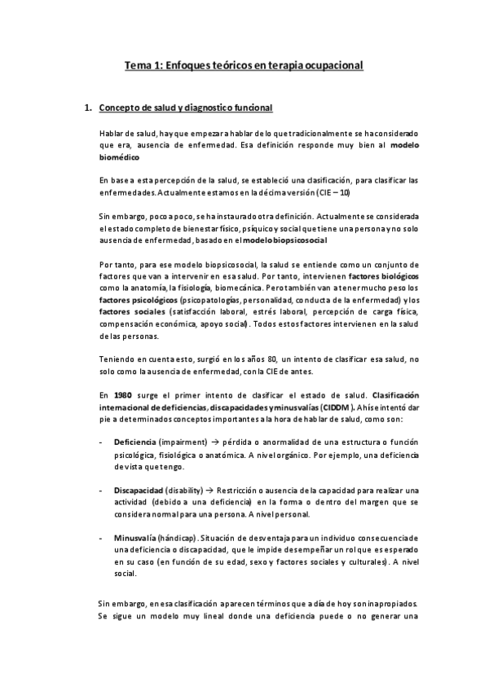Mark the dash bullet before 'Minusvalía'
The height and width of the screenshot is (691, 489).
tap(100, 538)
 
